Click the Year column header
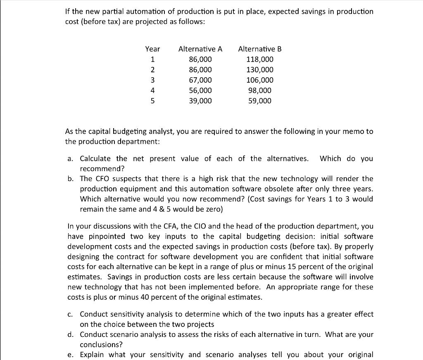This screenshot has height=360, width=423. [x=152, y=49]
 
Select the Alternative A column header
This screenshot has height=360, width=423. [x=200, y=49]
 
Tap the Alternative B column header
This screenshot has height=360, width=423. [x=260, y=49]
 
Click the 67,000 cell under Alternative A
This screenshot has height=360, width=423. [x=200, y=80]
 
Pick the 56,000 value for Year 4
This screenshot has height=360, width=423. [x=200, y=91]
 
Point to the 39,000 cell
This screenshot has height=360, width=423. [x=200, y=101]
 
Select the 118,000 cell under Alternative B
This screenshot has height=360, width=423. [x=260, y=60]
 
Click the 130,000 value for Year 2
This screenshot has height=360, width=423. [x=260, y=70]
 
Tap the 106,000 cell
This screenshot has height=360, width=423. [x=260, y=80]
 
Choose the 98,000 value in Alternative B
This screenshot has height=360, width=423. [x=260, y=91]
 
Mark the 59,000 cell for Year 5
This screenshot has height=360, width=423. [x=260, y=101]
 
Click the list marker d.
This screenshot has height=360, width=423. [x=70, y=334]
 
